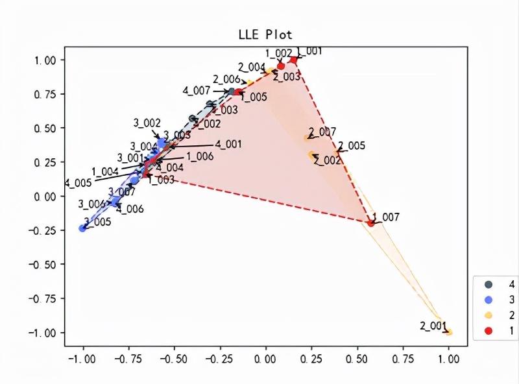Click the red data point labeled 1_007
pyautogui.click(x=370, y=222)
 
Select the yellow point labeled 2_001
pyautogui.click(x=448, y=332)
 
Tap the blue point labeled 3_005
pyautogui.click(x=82, y=228)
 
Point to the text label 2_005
pyautogui.click(x=352, y=145)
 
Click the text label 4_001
pyautogui.click(x=228, y=144)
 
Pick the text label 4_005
pyautogui.click(x=78, y=183)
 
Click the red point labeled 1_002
pyautogui.click(x=281, y=66)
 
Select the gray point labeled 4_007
pyautogui.click(x=232, y=91)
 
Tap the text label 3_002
pyautogui.click(x=147, y=123)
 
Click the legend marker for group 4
pyautogui.click(x=489, y=284)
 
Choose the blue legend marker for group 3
pyautogui.click(x=489, y=300)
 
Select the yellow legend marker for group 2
pyautogui.click(x=489, y=315)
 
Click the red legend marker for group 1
pyautogui.click(x=489, y=331)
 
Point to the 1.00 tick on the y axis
pyautogui.click(x=47, y=60)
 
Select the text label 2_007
pyautogui.click(x=322, y=132)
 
